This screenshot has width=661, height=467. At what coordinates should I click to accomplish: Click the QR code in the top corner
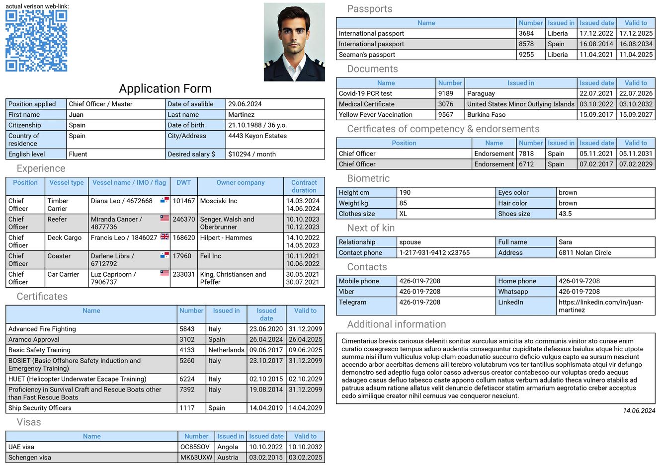tap(36, 41)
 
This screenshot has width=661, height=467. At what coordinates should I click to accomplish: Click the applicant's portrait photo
tap(294, 42)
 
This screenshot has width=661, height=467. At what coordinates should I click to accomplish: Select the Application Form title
tap(165, 89)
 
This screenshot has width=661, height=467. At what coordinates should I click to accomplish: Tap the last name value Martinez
tap(241, 115)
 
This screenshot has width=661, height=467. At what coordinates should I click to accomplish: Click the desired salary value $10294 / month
tap(251, 154)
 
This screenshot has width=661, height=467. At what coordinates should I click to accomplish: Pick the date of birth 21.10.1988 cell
tap(257, 125)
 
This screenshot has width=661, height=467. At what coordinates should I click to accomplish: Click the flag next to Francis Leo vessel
tap(165, 237)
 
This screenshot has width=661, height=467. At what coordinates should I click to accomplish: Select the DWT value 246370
tap(183, 219)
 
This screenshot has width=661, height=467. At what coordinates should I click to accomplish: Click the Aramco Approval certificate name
tap(34, 340)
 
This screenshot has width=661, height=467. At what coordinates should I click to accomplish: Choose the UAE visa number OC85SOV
tap(195, 447)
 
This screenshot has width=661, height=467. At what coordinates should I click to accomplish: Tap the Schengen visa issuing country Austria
tap(228, 458)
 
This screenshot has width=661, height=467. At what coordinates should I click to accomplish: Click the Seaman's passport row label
tap(367, 55)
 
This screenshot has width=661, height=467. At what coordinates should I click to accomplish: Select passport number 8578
tap(526, 44)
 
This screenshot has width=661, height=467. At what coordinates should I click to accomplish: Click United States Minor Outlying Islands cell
tap(520, 104)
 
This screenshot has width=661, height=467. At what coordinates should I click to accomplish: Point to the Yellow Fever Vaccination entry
tap(375, 115)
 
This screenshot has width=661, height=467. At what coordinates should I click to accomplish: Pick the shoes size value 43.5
tap(565, 214)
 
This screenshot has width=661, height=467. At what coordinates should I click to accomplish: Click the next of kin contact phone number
tap(434, 253)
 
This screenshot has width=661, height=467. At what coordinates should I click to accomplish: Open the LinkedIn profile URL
tap(600, 306)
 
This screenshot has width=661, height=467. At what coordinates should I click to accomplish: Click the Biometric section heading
tap(368, 178)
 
